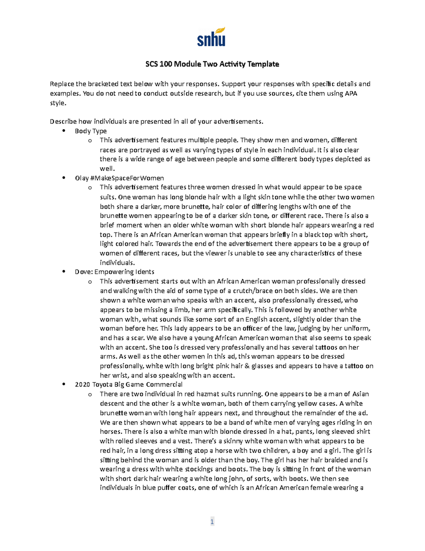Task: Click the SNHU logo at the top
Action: click(211, 37)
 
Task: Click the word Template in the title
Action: click(263, 64)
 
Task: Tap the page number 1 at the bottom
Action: click(212, 522)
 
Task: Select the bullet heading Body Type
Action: click(91, 131)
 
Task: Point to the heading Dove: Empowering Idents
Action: click(114, 272)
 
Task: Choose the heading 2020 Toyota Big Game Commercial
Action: click(129, 385)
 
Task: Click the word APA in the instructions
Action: click(351, 94)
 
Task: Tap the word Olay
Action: click(81, 178)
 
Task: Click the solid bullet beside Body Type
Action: click(64, 131)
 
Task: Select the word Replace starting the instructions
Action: click(62, 84)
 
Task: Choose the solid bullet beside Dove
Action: click(64, 271)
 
